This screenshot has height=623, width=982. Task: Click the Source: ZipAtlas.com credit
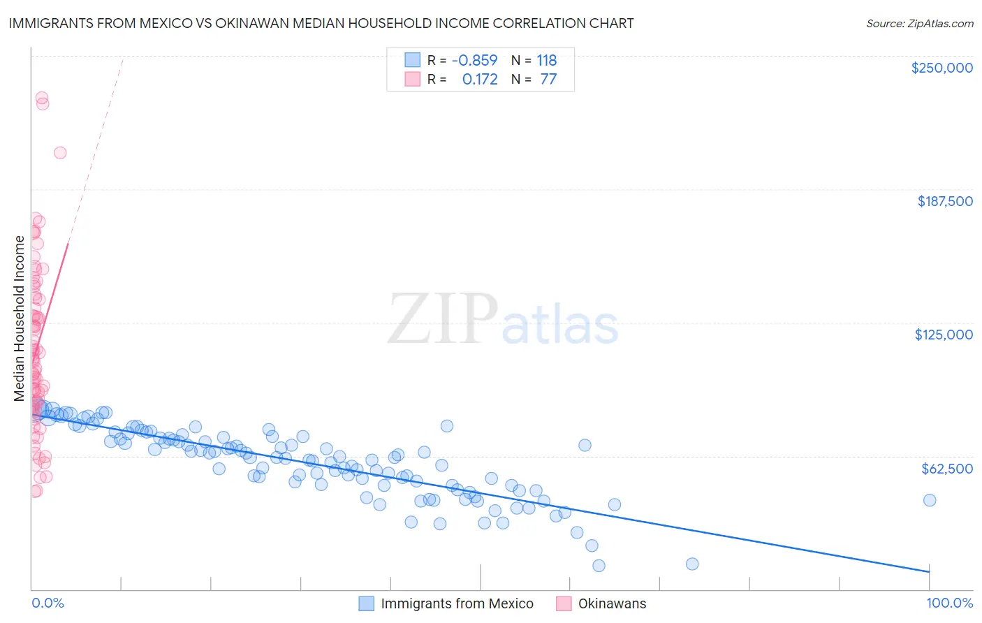pos(919,24)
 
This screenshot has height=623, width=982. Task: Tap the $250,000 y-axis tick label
pos(941,68)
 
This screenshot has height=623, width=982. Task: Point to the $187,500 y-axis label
pos(944,201)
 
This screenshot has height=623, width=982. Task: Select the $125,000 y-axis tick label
pos(944,335)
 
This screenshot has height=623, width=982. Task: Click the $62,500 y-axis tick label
pos(946,469)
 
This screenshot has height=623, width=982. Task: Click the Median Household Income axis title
pos(20,318)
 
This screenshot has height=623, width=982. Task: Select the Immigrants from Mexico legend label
pos(457,604)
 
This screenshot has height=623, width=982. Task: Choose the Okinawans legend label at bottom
pos(612,604)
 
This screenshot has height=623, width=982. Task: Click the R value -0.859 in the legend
pos(474,61)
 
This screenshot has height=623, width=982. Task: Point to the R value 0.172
pos(480,80)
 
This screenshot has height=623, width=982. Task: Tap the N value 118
pos(546,61)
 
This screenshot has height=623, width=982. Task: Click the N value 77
pos(548,80)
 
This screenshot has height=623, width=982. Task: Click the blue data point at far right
pos(929,500)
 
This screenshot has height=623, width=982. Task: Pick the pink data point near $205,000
pos(60,153)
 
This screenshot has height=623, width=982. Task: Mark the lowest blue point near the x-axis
pos(599,566)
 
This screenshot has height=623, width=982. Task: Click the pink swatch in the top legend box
pos(413,80)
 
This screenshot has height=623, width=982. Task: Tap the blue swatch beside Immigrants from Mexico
pos(367,604)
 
